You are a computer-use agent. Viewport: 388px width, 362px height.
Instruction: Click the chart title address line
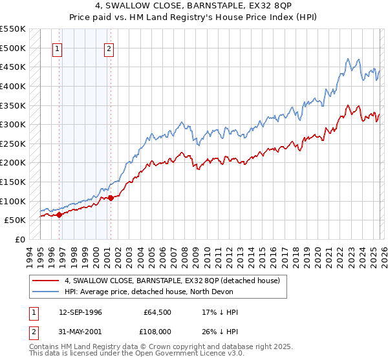[193, 6]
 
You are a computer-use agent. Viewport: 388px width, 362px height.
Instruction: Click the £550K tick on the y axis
[13, 29]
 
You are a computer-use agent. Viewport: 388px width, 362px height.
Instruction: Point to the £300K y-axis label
[13, 124]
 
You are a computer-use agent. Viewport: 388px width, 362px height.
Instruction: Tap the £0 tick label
[19, 239]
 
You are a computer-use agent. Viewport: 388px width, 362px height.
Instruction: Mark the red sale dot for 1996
[59, 215]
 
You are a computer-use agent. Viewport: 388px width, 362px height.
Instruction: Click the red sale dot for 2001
[111, 198]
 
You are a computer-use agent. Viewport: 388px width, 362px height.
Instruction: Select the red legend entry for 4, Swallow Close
[172, 281]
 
